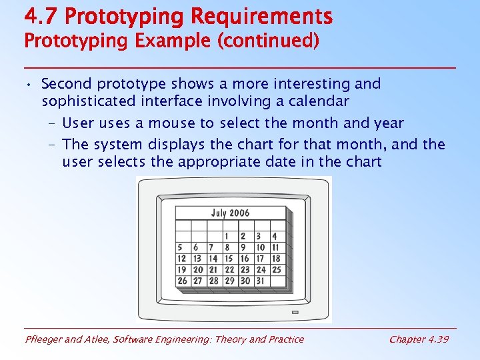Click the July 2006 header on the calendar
(x=230, y=213)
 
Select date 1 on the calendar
(x=228, y=237)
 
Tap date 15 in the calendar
(x=229, y=259)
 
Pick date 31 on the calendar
(x=261, y=281)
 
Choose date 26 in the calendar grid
(x=182, y=281)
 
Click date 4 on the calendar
(x=275, y=237)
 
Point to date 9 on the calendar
(x=245, y=248)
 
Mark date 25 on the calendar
(x=276, y=270)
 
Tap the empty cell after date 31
(x=276, y=281)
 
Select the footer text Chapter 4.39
(x=418, y=339)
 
